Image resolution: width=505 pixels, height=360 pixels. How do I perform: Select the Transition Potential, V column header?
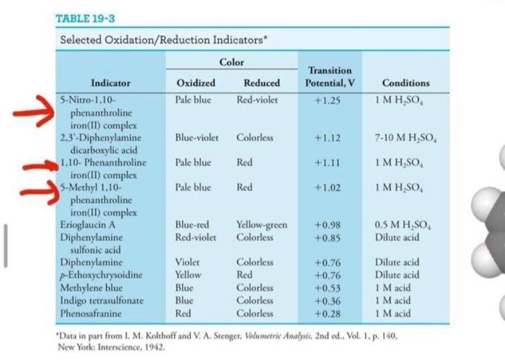pos(330,76)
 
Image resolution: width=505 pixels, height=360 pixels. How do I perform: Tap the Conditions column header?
pos(406,83)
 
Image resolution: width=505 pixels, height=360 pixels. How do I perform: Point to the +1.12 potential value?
pos(327,137)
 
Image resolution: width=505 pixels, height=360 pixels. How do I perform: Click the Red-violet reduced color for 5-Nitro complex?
pos(257,97)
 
